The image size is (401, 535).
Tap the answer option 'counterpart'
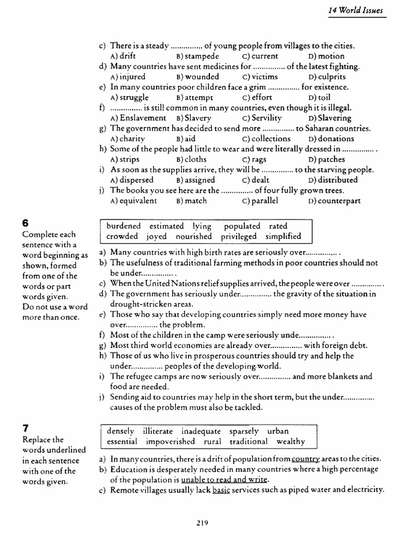tap(339, 201)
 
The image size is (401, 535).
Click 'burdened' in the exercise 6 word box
tap(124, 226)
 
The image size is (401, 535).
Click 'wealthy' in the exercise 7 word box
tap(291, 441)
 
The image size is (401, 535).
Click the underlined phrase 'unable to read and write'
tap(225, 480)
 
